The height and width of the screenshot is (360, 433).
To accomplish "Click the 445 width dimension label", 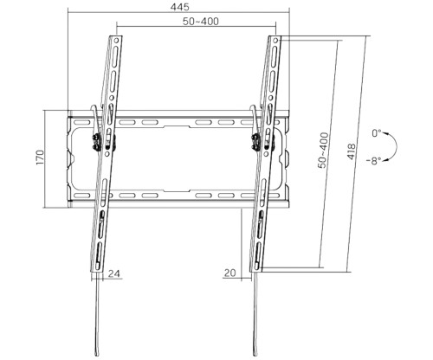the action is [179, 6].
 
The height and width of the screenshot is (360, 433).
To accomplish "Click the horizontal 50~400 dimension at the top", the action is [201, 22].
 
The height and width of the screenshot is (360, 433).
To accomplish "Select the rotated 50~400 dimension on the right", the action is [323, 150].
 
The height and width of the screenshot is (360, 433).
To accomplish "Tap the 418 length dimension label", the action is [352, 151].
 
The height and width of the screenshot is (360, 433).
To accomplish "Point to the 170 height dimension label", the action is [40, 157].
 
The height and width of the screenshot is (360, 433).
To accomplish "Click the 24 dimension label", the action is [113, 273].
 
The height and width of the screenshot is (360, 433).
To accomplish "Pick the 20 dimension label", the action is [229, 273].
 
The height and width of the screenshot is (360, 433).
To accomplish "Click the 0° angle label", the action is [377, 133].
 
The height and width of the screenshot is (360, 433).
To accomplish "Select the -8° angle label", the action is [374, 161].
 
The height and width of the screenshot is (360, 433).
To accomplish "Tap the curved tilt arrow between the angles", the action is [397, 147].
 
